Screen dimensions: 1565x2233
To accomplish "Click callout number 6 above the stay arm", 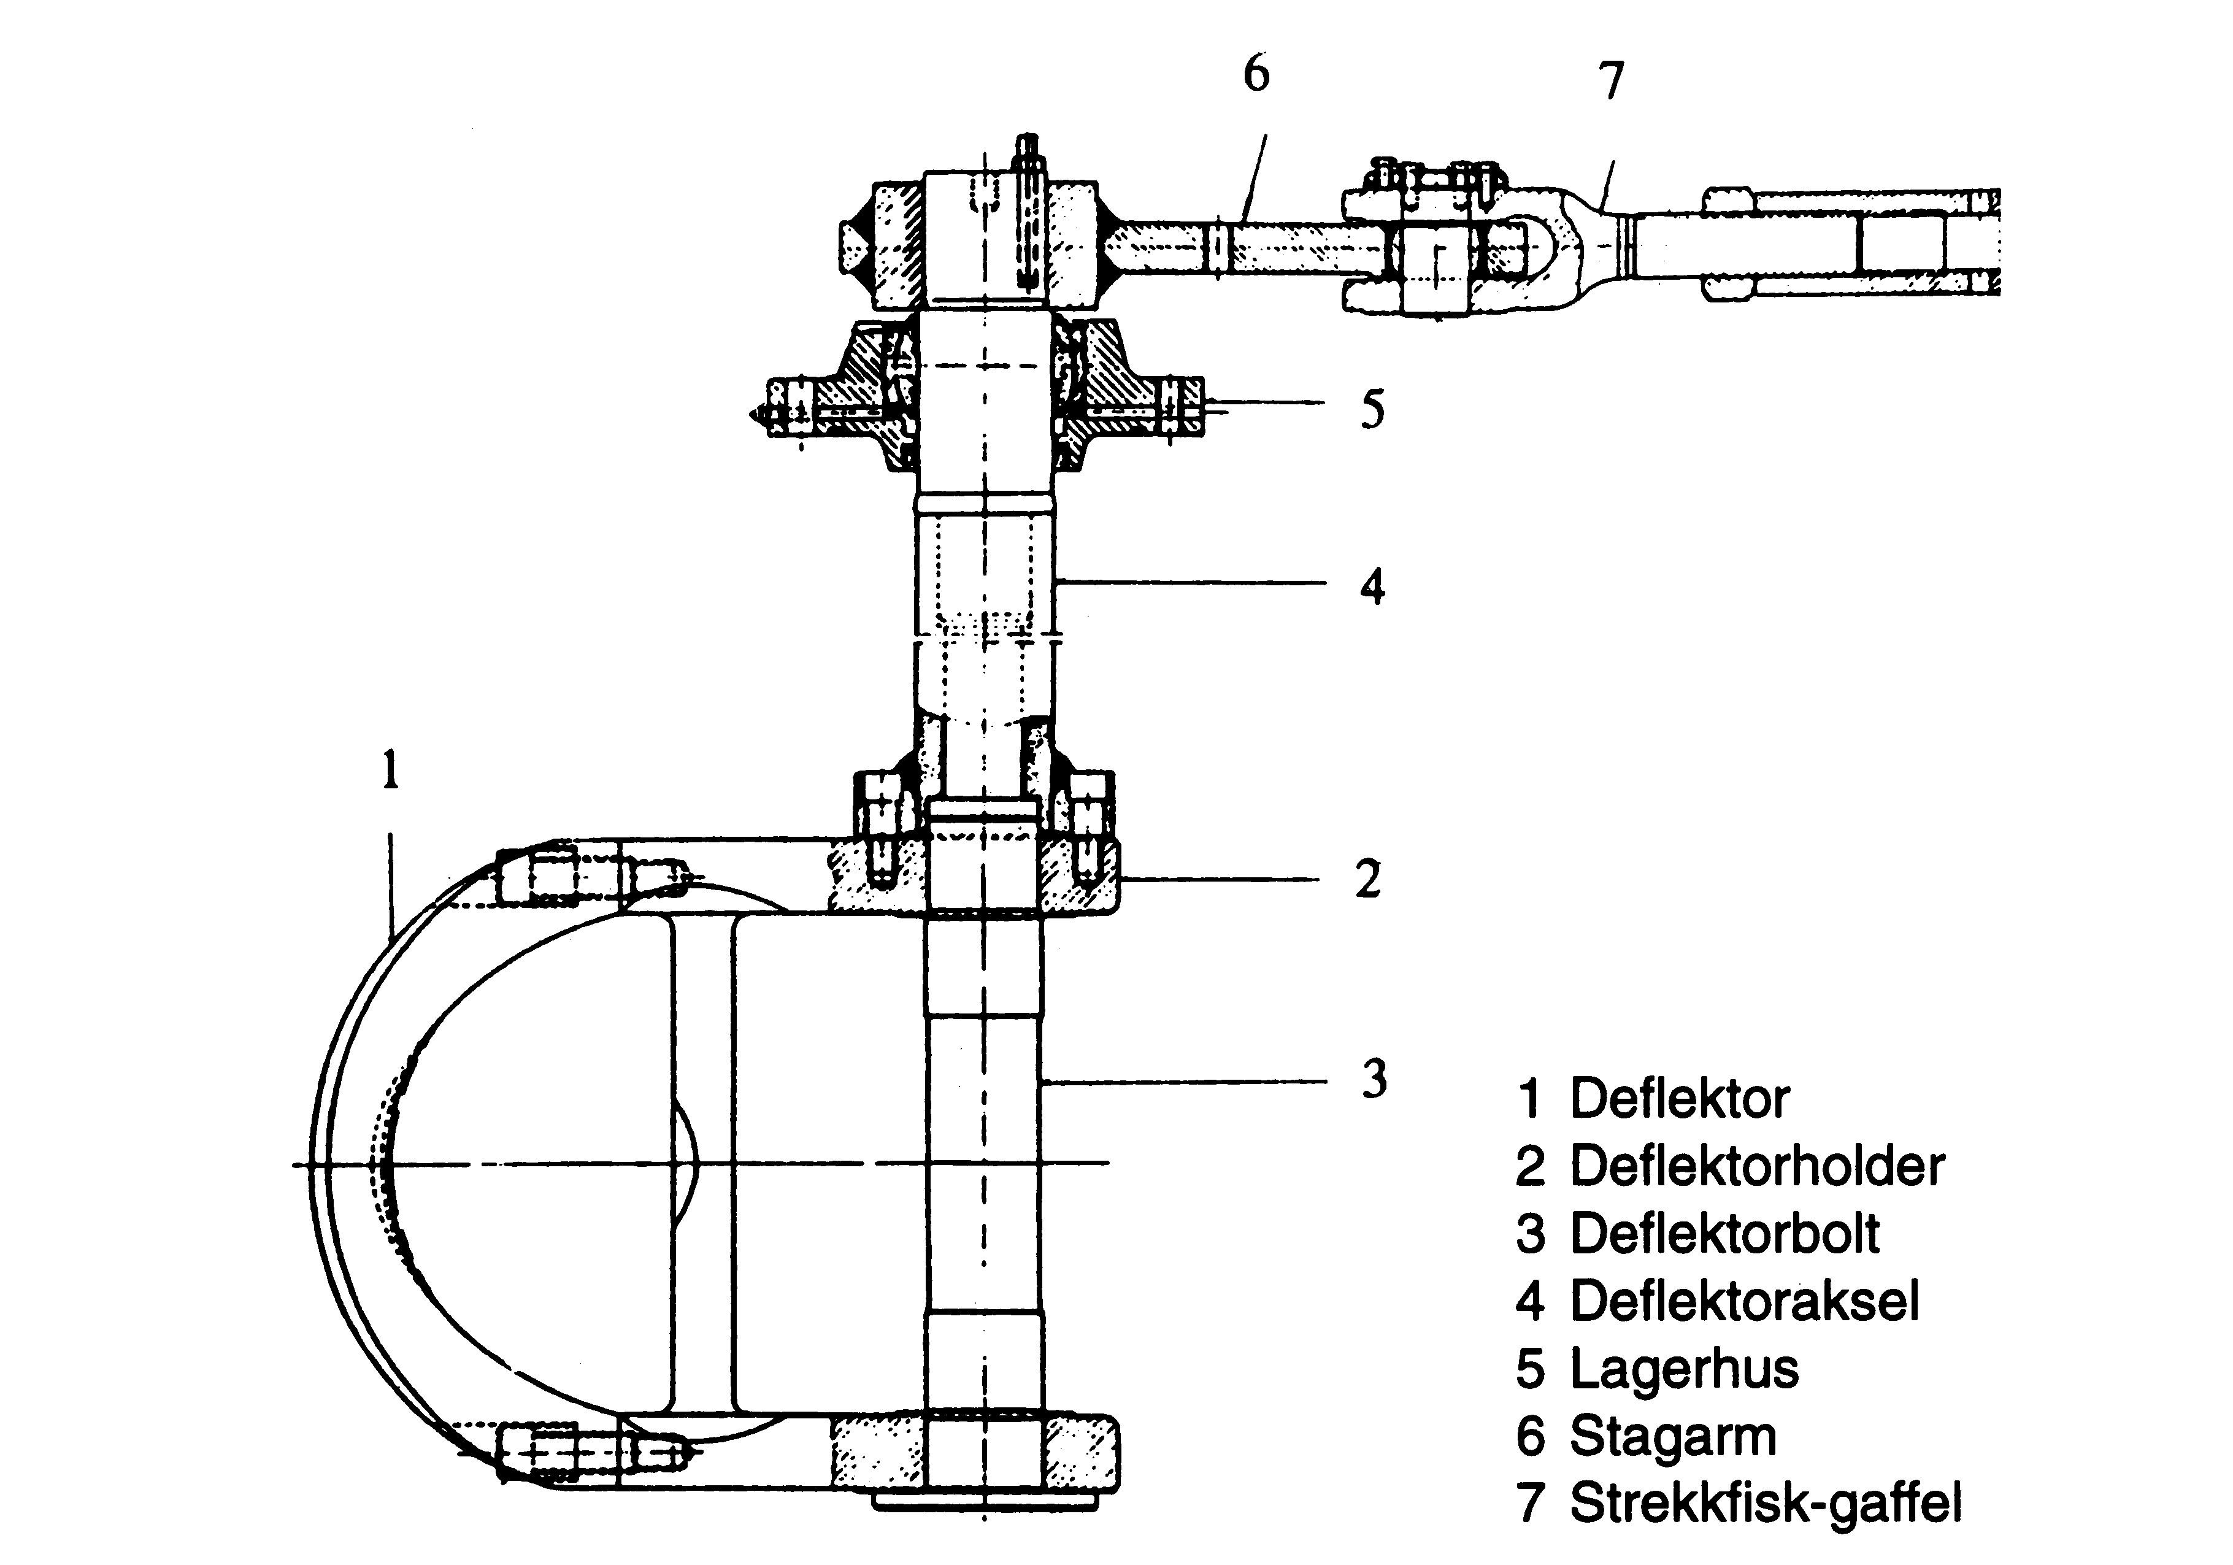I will coord(1256,74).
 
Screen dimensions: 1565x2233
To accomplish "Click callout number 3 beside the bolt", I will coord(1374,1079).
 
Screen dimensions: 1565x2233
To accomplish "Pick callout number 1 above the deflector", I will coord(390,769).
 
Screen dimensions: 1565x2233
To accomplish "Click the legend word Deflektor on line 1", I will coord(1680,1099).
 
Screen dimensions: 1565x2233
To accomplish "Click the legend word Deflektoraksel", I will coord(1745,1301).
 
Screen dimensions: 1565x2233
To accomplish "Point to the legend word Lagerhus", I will coord(1685,1369).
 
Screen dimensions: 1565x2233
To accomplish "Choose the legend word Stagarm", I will coord(1673,1437).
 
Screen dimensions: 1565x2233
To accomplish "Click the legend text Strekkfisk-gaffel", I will coord(1765,1504).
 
